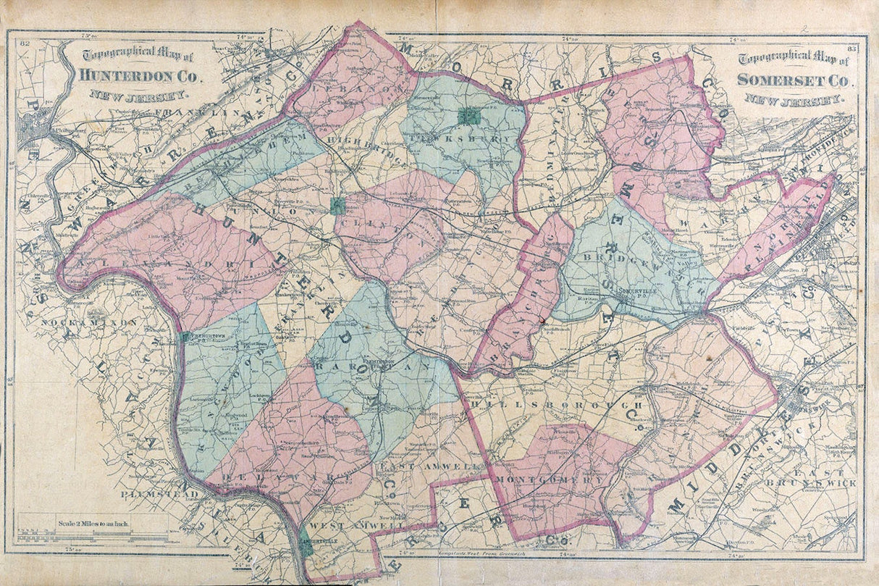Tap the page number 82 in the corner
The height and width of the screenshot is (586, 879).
(x=25, y=46)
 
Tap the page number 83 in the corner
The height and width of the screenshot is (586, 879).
(x=851, y=49)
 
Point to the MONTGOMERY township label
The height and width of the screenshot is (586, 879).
(x=552, y=480)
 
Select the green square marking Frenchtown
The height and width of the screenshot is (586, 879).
(x=186, y=337)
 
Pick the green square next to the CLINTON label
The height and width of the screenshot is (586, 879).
(x=337, y=206)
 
